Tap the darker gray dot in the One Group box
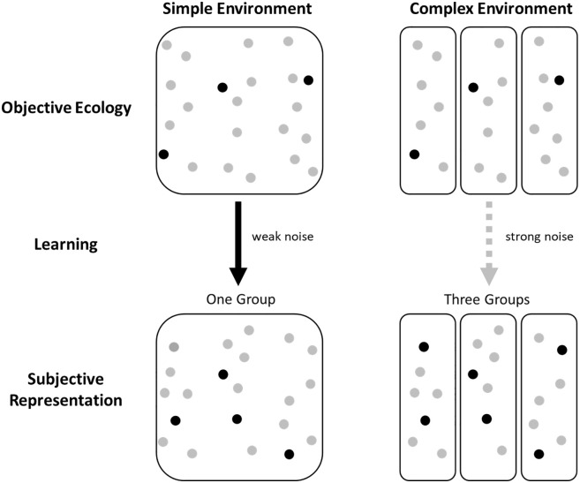[x=174, y=346]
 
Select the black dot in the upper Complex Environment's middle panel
[x=473, y=87]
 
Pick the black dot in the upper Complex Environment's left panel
[x=414, y=155]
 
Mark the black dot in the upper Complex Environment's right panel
[x=559, y=80]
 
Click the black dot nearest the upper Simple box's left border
[x=163, y=155]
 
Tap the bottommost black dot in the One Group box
[x=290, y=455]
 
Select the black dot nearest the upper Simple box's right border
[x=308, y=80]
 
